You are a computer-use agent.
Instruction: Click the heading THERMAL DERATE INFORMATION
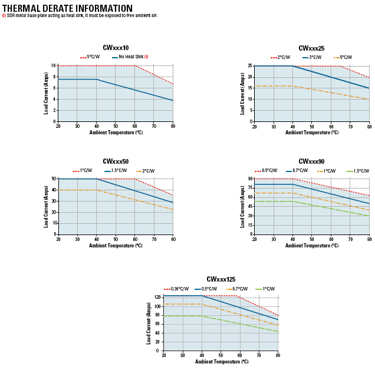67,8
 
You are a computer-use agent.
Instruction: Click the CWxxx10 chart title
116,48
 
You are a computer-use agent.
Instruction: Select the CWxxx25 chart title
311,48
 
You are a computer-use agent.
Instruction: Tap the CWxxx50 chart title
116,161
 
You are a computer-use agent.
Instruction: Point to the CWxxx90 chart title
311,161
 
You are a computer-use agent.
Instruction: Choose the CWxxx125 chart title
221,279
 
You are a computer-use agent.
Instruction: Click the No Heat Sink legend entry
130,57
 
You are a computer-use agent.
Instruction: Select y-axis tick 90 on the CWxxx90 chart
250,179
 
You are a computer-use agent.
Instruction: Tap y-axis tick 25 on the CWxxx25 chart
250,66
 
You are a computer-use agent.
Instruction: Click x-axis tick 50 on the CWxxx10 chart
116,126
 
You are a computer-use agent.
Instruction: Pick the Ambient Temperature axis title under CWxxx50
116,245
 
